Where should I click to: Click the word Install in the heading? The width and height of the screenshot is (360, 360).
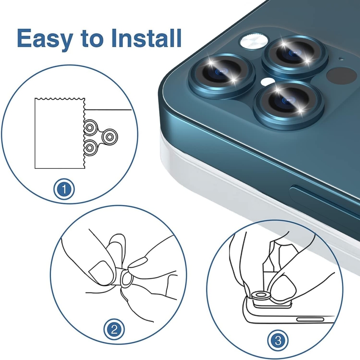coord(147,38)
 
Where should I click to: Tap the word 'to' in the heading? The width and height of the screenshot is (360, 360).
coord(92,40)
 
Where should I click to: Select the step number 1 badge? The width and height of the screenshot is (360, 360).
coord(64,189)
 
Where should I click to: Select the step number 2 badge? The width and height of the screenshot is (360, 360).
coord(114,330)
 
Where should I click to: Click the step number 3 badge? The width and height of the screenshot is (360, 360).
coord(278,341)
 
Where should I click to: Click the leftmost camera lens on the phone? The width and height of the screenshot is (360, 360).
coord(222,76)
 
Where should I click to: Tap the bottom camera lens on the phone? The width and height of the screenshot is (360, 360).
coord(289,105)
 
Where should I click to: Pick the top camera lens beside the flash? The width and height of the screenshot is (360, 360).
coord(294,56)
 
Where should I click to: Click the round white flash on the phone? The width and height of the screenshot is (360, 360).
coord(254,41)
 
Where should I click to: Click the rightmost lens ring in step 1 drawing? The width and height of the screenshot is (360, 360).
coord(109,137)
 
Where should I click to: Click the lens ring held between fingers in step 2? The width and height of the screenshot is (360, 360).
coord(126,278)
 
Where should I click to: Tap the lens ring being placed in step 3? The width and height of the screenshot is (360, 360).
coord(261,296)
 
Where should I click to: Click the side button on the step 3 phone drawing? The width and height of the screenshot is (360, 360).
coord(310,319)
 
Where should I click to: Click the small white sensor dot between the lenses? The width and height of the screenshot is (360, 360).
coord(267,81)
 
